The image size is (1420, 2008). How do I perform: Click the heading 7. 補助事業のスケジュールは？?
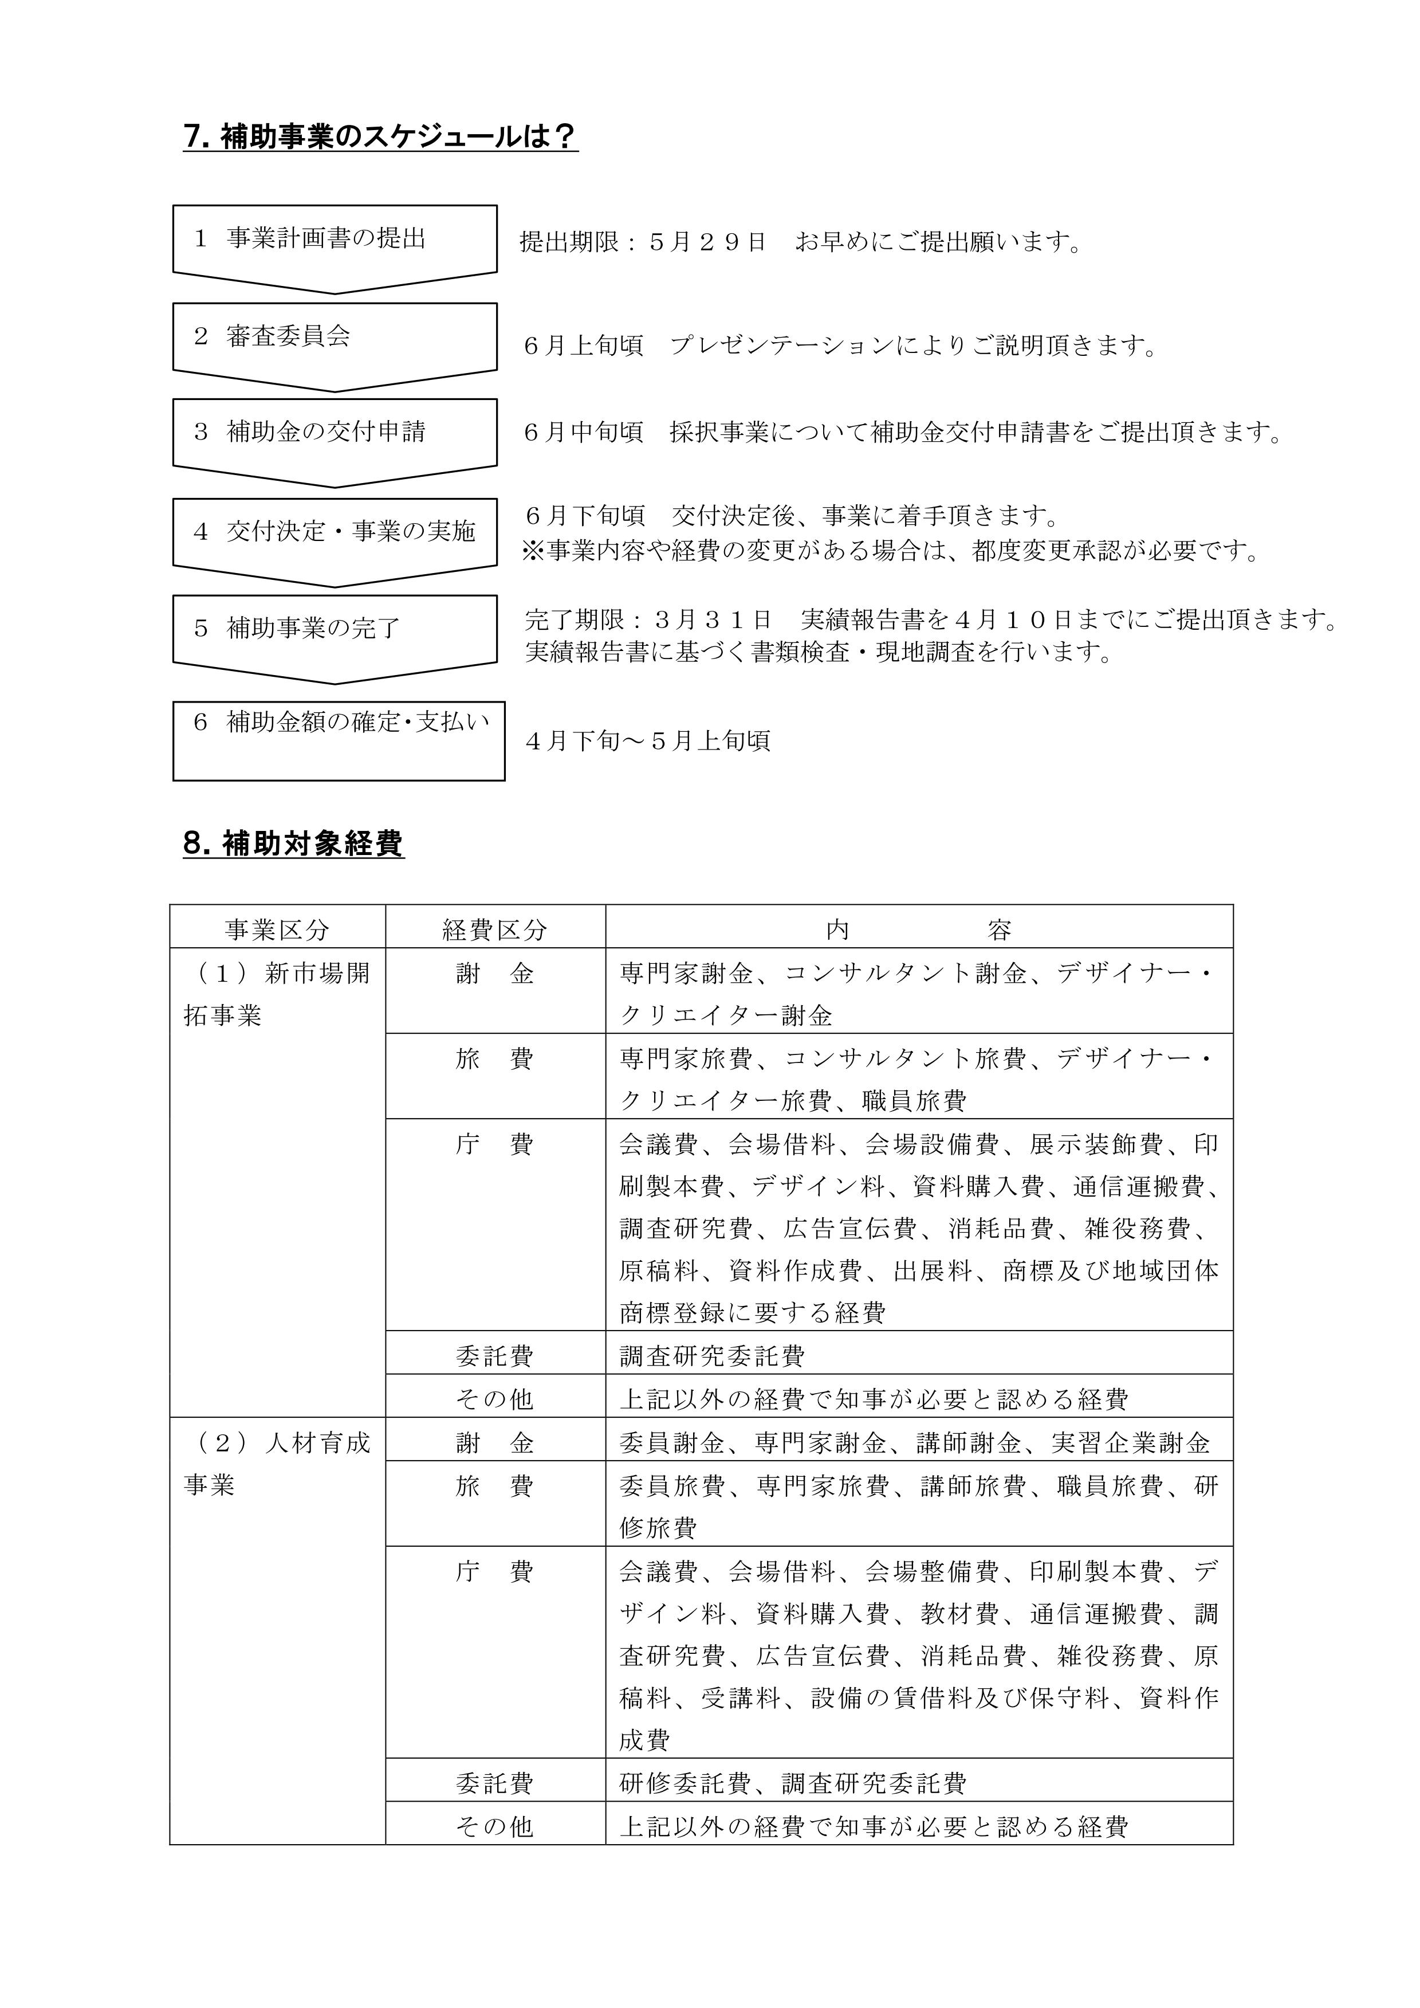click(x=380, y=138)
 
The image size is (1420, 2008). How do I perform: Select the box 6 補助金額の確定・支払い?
click(x=339, y=739)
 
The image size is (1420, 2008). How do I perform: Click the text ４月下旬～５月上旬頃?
click(x=648, y=742)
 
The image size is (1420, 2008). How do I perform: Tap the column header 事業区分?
click(x=277, y=930)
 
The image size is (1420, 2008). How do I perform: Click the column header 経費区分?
click(x=495, y=930)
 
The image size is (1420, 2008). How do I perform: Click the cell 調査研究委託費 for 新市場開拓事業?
click(x=712, y=1356)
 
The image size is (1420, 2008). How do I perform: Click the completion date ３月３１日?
click(x=712, y=620)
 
